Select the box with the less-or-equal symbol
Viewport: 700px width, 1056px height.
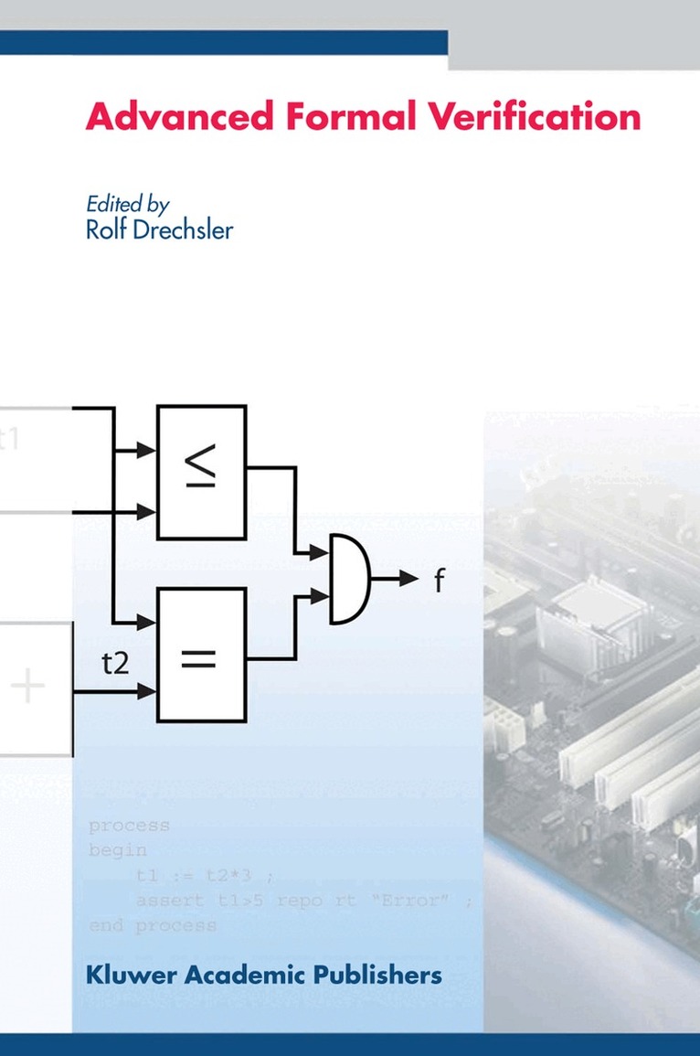coord(201,472)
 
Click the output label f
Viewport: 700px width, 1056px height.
coord(439,580)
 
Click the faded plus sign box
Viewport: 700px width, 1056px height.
coord(33,688)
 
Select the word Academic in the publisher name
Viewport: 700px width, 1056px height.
coord(242,975)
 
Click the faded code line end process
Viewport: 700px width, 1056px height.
coord(153,925)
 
